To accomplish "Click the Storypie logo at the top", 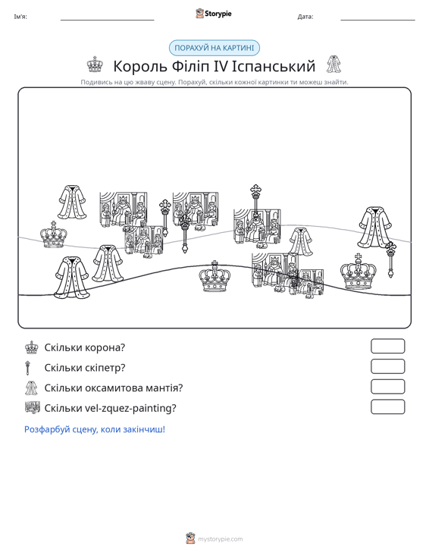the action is (x=214, y=14).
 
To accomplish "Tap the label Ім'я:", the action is (x=20, y=17).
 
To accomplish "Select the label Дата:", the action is (x=305, y=17).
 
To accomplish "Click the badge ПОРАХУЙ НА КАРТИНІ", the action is (x=214, y=48).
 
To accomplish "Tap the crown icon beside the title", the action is (x=95, y=64).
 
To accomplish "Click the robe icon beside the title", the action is (x=333, y=64).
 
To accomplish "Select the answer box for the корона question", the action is (x=387, y=346).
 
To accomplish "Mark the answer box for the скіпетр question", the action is (x=387, y=366).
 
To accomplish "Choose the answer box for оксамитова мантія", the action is (x=387, y=387).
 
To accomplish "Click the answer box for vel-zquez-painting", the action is (x=387, y=407).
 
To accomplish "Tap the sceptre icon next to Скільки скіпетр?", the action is (x=28, y=368).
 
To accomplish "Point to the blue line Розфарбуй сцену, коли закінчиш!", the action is (x=95, y=429).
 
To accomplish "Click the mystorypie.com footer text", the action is (x=221, y=539).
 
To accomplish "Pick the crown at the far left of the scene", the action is (x=54, y=234).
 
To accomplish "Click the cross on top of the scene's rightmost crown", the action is (x=359, y=256).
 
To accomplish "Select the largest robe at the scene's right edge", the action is (x=374, y=227).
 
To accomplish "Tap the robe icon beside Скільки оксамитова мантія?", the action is (x=31, y=388).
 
